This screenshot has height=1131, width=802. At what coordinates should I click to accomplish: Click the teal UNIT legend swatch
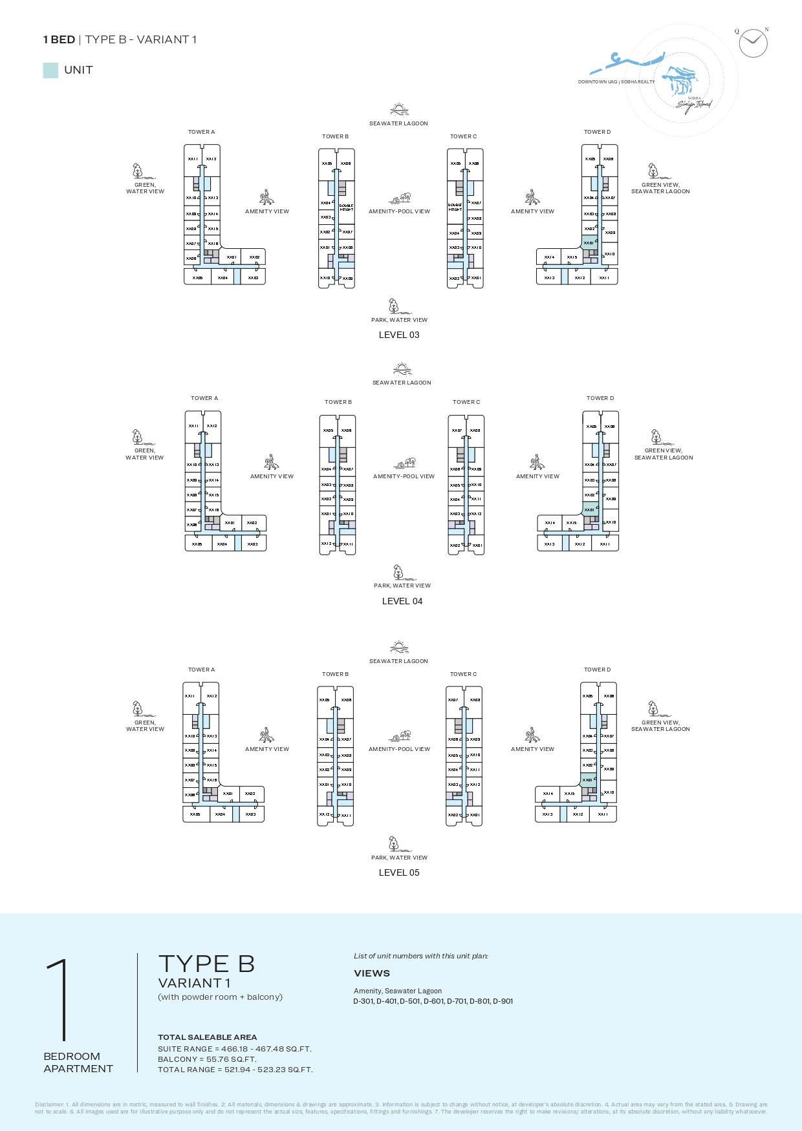tap(50, 70)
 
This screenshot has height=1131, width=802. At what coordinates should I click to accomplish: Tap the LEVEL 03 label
tap(399, 335)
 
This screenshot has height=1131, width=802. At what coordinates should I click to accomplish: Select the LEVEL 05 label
tap(399, 872)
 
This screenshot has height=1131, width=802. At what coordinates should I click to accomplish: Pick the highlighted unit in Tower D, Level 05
tap(588, 779)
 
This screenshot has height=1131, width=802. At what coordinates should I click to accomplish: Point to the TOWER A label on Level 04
tap(204, 398)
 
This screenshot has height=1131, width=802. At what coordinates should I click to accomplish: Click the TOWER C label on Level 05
tap(463, 674)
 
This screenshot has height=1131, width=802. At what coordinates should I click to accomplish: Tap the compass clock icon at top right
tap(753, 43)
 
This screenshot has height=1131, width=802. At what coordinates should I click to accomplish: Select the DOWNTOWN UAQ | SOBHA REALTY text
tap(616, 82)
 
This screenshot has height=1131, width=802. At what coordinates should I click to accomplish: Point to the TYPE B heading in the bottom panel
tap(206, 964)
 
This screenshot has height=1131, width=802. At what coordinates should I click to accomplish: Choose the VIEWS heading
tap(372, 973)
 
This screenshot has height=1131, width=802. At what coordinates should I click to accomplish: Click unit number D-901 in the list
tap(503, 1001)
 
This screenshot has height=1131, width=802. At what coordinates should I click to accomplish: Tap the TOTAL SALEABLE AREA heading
tap(207, 1037)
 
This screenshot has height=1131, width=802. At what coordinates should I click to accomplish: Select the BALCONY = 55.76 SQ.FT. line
tap(207, 1059)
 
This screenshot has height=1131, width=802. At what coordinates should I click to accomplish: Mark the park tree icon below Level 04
tap(398, 572)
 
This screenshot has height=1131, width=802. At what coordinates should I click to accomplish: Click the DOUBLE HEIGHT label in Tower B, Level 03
tap(346, 207)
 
